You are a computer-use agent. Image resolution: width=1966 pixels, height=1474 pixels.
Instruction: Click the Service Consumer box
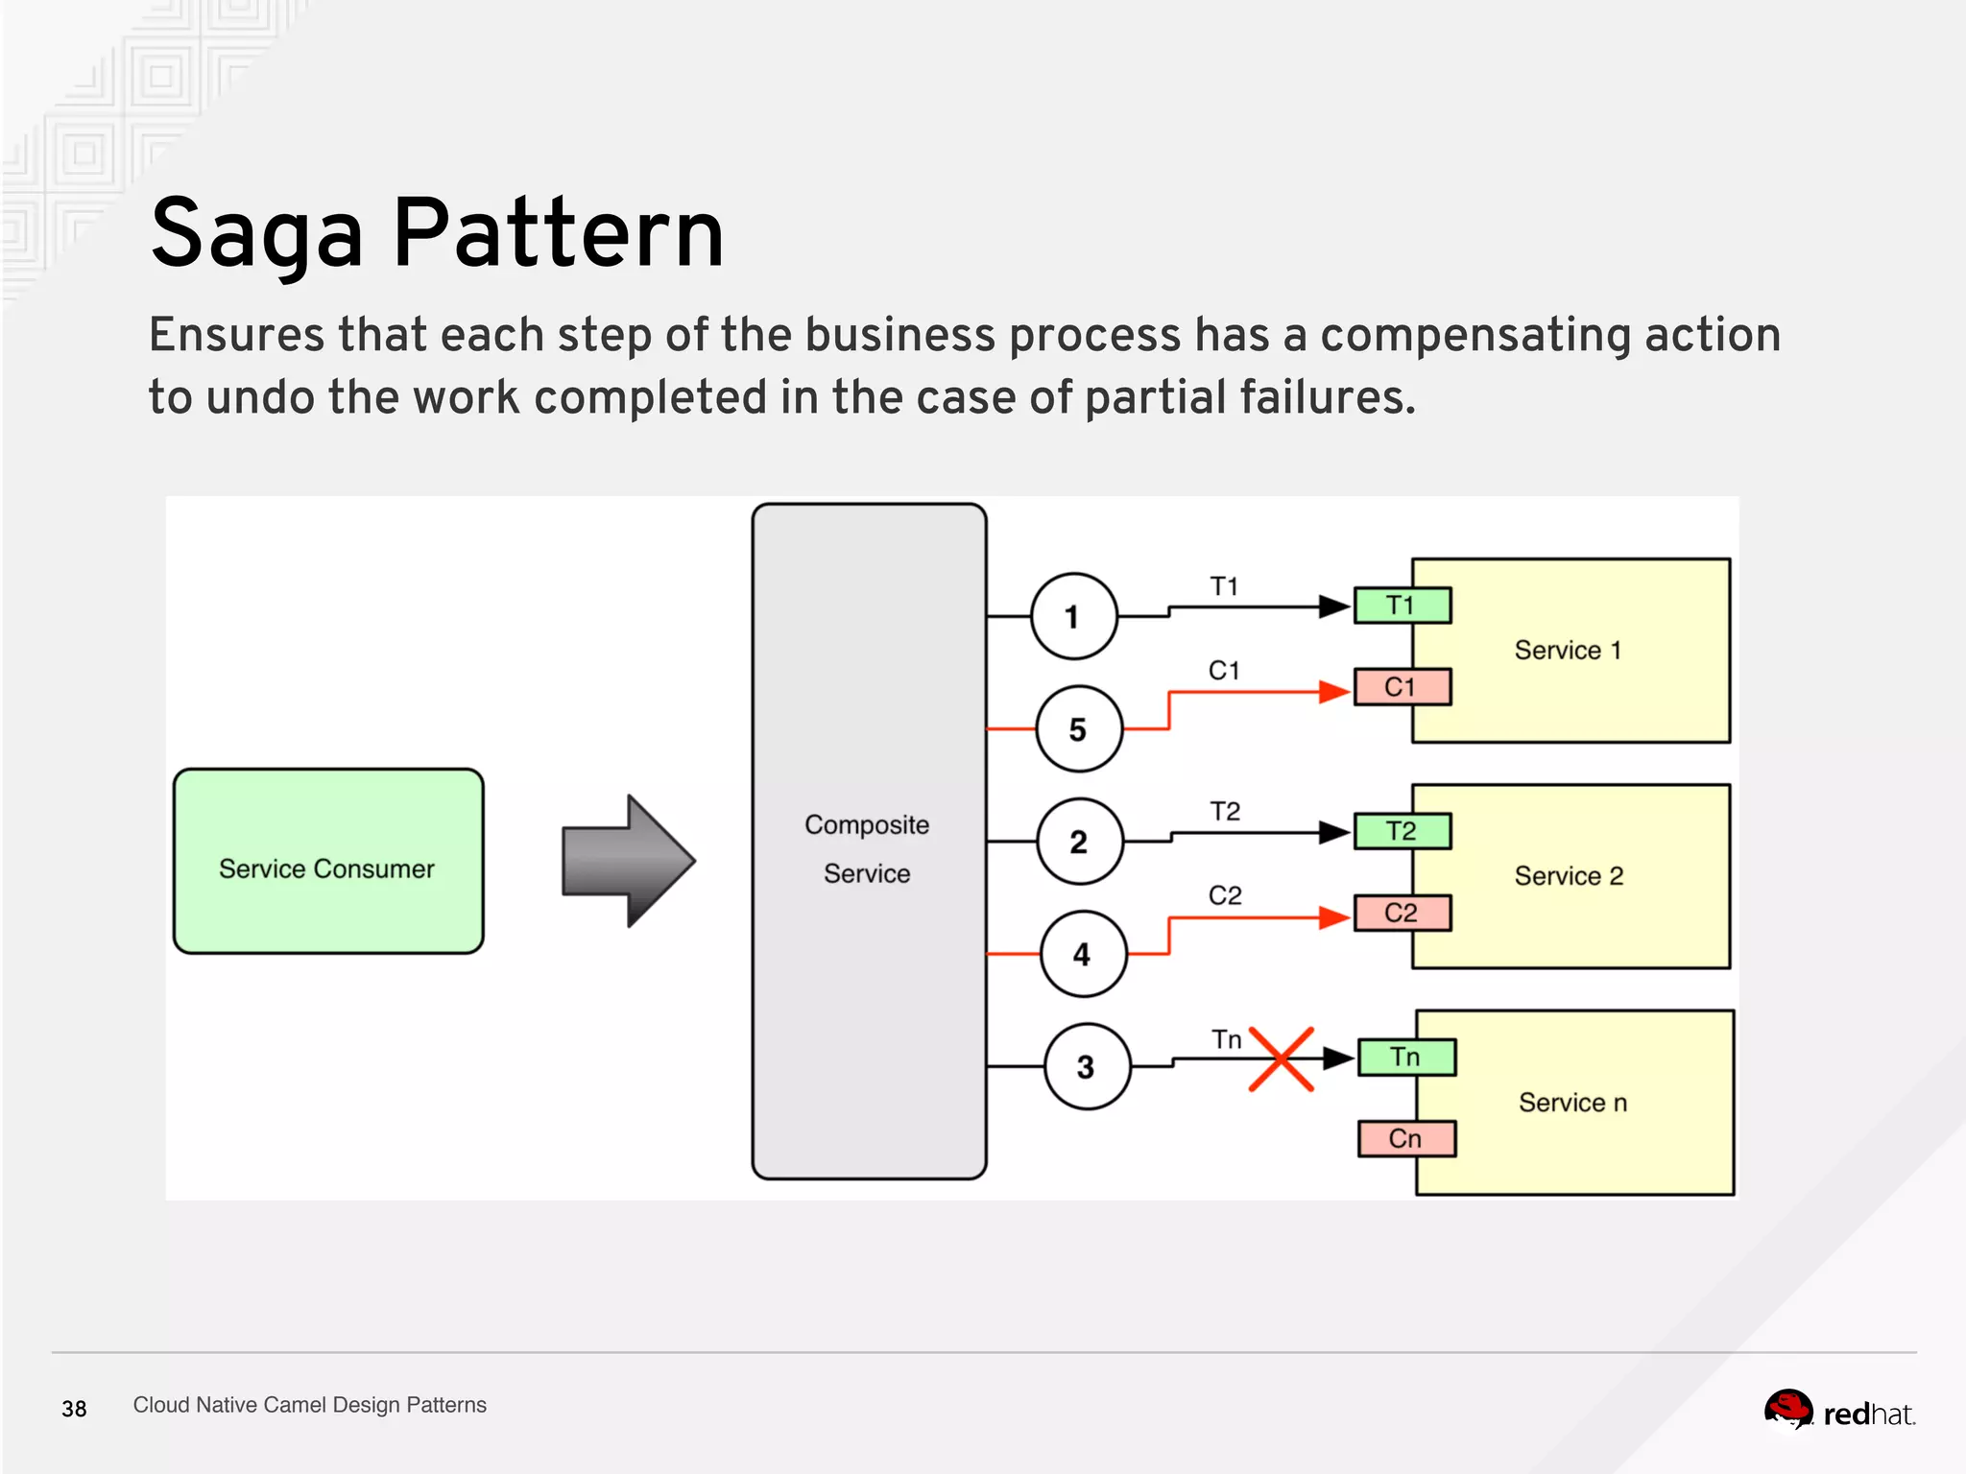click(x=327, y=861)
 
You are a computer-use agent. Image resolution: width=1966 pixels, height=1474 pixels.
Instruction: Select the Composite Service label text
click(x=867, y=848)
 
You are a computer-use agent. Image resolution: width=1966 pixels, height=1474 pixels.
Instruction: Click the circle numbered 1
click(x=1073, y=616)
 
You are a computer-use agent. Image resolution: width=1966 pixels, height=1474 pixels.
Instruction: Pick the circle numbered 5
click(x=1078, y=729)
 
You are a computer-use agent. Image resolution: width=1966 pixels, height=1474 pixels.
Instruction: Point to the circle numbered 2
click(x=1079, y=842)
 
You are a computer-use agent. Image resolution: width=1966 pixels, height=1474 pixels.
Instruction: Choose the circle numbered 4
click(x=1083, y=954)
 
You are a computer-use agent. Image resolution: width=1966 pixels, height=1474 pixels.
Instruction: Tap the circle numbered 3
click(x=1086, y=1066)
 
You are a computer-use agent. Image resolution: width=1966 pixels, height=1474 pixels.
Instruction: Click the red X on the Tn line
click(x=1281, y=1059)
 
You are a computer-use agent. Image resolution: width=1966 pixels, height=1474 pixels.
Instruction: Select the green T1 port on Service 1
click(x=1401, y=606)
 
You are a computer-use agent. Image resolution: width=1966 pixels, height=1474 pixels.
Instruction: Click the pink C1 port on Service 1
click(x=1401, y=687)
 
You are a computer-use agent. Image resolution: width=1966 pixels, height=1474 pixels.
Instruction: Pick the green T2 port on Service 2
click(x=1401, y=831)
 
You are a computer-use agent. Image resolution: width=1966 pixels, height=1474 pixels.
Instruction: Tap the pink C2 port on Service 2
click(x=1401, y=913)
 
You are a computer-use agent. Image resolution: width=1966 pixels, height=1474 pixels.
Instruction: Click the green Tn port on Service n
click(x=1405, y=1057)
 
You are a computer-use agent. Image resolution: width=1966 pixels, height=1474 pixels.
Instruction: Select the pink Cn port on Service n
click(x=1405, y=1138)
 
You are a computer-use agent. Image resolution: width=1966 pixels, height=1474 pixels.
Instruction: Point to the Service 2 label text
click(x=1569, y=875)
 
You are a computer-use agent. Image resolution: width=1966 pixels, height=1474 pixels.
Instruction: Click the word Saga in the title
click(x=257, y=234)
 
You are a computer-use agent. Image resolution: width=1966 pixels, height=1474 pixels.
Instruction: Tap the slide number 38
click(x=74, y=1409)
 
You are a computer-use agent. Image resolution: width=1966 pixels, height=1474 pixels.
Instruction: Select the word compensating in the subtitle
click(x=1474, y=336)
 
